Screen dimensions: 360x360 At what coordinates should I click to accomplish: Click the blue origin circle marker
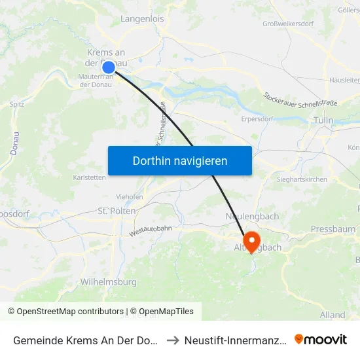pos(109,67)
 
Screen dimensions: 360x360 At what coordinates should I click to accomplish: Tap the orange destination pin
pos(251,240)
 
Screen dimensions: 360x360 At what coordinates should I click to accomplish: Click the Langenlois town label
pos(142,19)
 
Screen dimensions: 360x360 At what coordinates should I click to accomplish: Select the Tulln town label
pos(323,120)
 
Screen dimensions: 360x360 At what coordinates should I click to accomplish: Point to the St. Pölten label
pos(117,211)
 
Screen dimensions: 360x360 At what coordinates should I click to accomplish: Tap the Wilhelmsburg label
pos(108,282)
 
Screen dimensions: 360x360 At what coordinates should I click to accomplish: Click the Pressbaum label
pos(333,229)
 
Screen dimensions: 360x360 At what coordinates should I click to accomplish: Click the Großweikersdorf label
pos(289,24)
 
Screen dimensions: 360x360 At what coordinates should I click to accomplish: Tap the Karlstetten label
pos(90,177)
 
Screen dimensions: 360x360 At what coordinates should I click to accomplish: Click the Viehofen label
pos(130,196)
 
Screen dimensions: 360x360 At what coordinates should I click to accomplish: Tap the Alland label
pos(333,315)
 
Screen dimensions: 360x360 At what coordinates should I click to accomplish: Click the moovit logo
pos(320,339)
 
